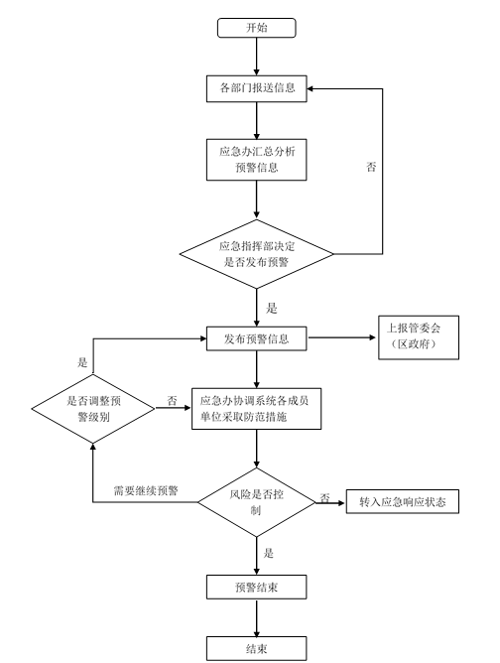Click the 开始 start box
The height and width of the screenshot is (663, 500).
[x=257, y=28]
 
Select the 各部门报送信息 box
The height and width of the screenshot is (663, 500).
[x=257, y=88]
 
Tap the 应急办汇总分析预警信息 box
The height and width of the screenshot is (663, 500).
[x=257, y=160]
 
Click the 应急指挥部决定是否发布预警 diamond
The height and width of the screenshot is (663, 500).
[x=257, y=254]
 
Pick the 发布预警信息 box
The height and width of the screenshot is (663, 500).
[x=257, y=338]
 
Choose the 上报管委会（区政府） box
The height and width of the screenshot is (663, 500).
[x=419, y=337]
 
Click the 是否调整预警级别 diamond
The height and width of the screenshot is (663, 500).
[x=93, y=409]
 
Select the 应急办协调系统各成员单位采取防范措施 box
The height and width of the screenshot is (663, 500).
[x=257, y=409]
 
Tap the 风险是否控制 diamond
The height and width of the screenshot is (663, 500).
[x=257, y=502]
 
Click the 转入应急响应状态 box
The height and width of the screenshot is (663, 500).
[x=403, y=502]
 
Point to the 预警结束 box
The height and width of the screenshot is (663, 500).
[x=257, y=587]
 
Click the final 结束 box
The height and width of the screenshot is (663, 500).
[x=257, y=649]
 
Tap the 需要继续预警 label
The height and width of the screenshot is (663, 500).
[x=146, y=491]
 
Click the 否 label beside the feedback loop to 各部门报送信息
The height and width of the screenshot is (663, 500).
[x=371, y=167]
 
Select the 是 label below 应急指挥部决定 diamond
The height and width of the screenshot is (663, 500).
[x=272, y=309]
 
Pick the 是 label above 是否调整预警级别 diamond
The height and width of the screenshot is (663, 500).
[x=82, y=362]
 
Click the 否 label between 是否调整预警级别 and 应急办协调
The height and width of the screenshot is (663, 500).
[x=172, y=400]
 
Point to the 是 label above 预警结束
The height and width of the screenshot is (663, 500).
[x=269, y=553]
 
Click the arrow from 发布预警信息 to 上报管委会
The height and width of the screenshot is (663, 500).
[x=342, y=337]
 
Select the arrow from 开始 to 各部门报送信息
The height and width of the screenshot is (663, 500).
[x=257, y=57]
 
